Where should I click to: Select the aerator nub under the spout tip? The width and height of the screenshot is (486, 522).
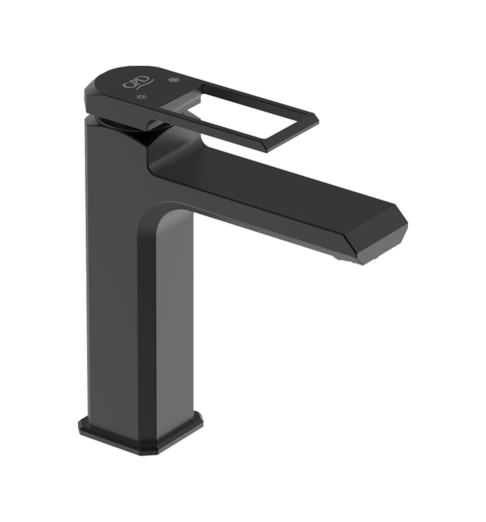(340, 248)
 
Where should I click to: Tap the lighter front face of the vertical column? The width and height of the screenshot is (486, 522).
(175, 312)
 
